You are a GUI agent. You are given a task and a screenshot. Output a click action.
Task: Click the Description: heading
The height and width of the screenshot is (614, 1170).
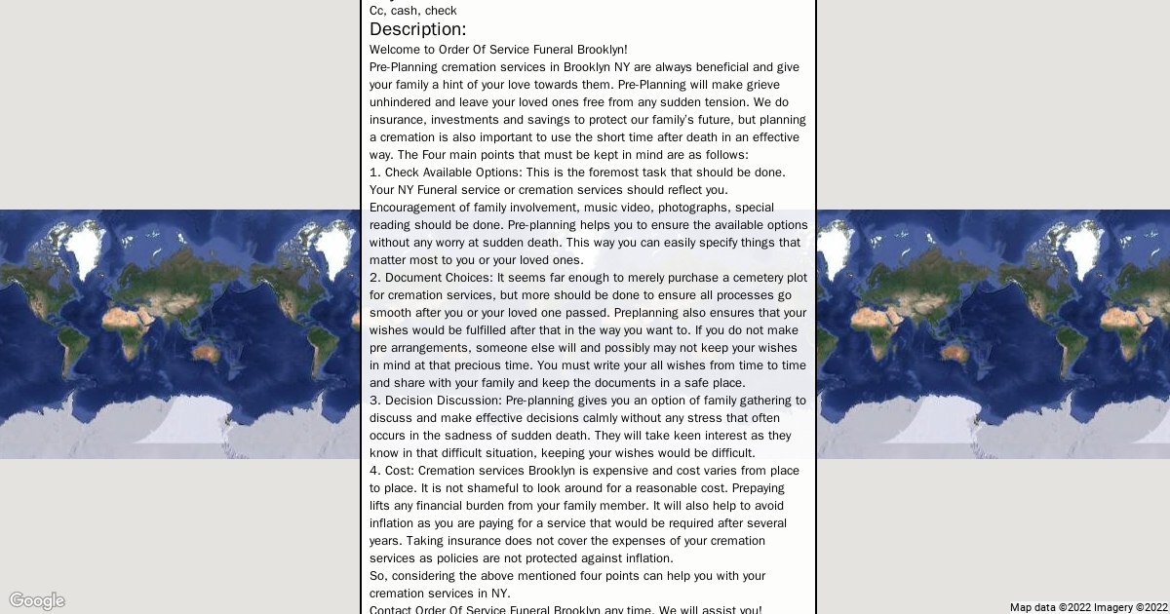pos(417,29)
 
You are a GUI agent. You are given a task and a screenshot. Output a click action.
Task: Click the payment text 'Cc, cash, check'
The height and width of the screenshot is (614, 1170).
pos(412,11)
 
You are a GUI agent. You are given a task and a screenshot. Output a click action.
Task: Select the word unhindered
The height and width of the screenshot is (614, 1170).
pos(400,102)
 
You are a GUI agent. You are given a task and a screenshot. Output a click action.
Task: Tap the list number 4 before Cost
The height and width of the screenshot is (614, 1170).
pos(373,471)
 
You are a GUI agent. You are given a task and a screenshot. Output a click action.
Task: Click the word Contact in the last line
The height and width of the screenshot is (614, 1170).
pos(390,610)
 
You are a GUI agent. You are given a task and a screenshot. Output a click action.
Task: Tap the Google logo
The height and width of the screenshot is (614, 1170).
pos(37,600)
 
